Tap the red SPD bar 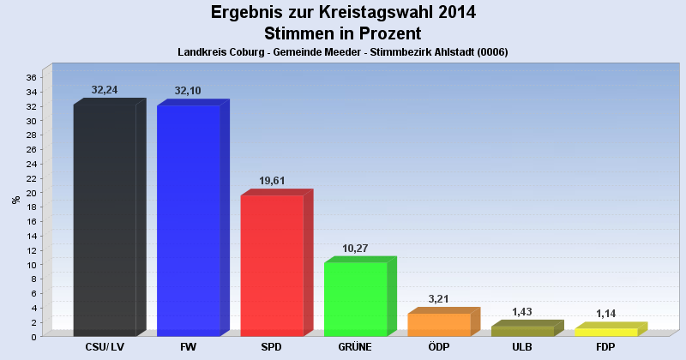point(272,265)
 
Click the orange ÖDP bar point(439,324)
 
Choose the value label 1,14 point(606,314)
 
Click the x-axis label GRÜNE point(355,347)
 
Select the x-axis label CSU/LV point(105,347)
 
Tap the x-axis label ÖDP point(439,347)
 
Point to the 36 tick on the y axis point(30,77)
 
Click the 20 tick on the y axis point(30,193)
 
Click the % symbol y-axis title point(15,200)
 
